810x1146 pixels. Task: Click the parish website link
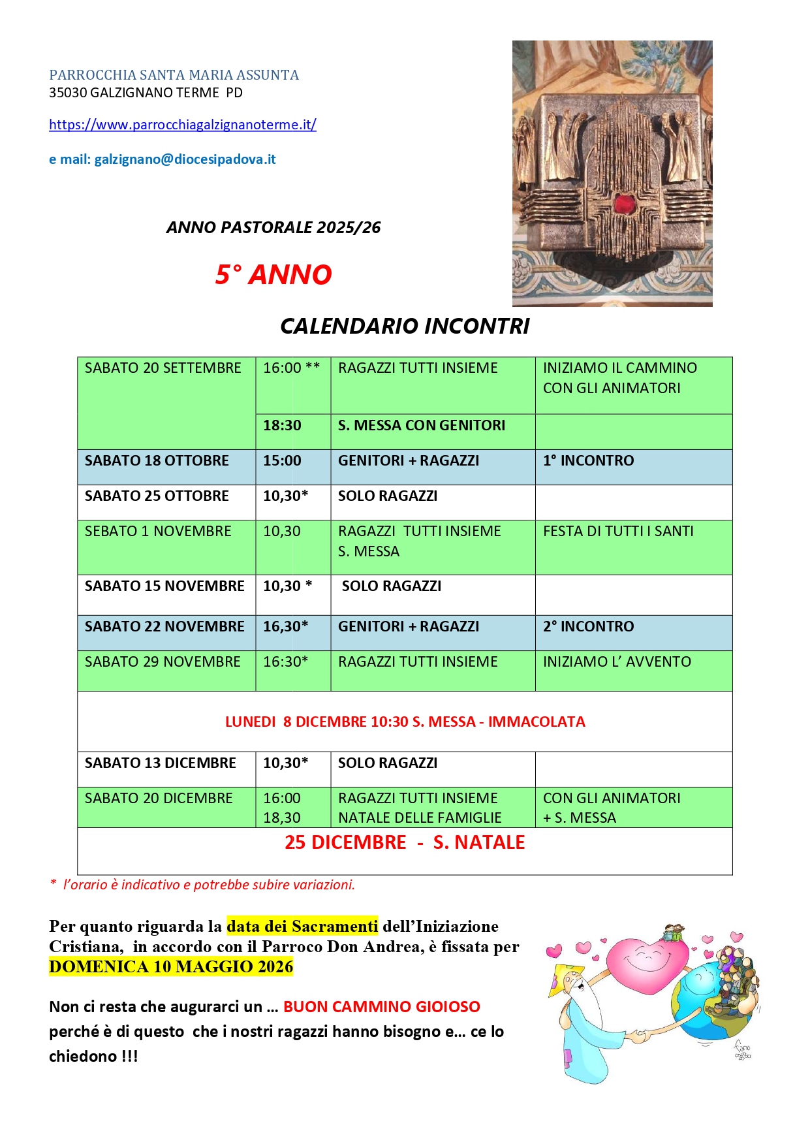[183, 125]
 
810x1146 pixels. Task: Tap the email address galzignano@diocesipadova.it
[185, 159]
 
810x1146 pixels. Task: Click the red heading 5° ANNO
[273, 274]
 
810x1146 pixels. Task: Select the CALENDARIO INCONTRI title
[405, 326]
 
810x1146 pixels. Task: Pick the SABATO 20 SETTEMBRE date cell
[163, 368]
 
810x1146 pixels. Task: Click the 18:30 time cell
[282, 426]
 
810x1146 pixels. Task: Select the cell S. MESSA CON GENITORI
[422, 426]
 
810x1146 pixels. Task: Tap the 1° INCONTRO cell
[588, 461]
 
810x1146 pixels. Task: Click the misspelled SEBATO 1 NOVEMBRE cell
[158, 532]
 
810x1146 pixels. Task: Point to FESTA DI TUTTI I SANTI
[618, 532]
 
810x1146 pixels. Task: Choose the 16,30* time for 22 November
[285, 627]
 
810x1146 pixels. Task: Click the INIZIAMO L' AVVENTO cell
[617, 662]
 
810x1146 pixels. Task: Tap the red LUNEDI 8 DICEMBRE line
[405, 722]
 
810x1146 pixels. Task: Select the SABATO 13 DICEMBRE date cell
[161, 763]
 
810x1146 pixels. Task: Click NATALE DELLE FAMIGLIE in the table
[420, 818]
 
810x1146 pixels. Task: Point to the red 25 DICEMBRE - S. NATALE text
[405, 843]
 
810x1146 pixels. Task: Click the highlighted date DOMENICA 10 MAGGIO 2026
[171, 967]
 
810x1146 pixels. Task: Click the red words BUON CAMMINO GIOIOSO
[382, 1007]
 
